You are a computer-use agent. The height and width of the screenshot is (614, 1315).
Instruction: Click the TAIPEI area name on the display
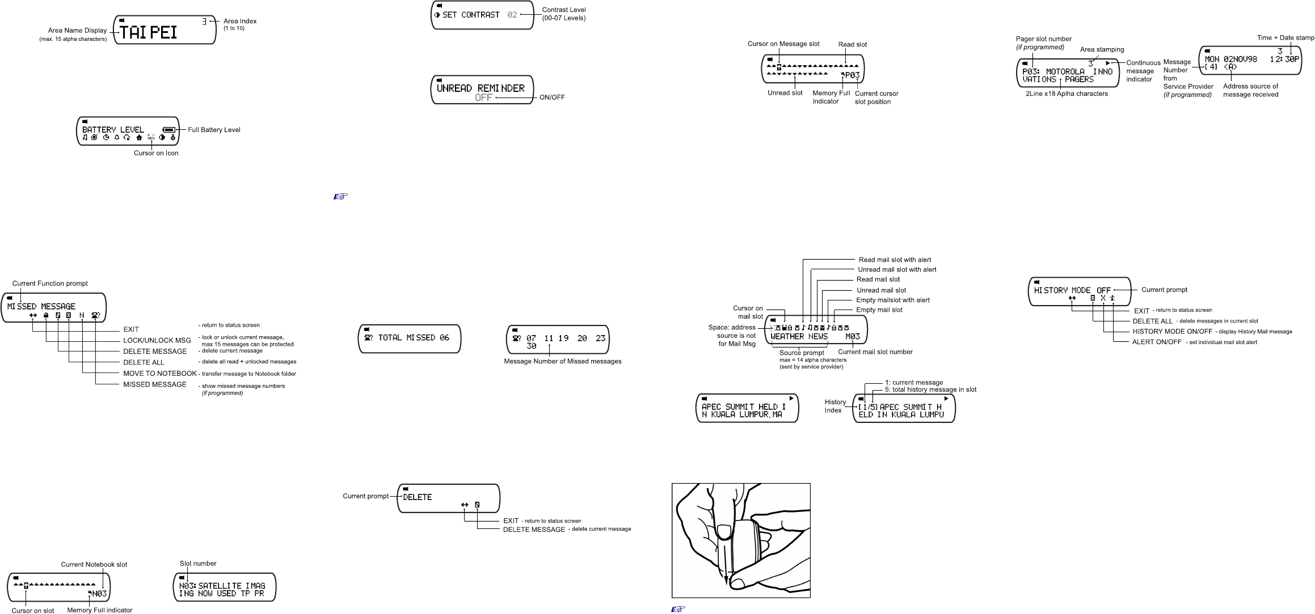tap(149, 32)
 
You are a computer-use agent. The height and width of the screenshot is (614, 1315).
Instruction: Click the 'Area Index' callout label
tap(240, 21)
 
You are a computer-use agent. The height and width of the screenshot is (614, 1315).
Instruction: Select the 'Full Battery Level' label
tap(214, 130)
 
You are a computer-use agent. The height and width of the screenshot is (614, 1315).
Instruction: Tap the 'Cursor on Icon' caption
tap(156, 153)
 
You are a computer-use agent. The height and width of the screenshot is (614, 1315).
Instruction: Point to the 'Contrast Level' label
tap(564, 10)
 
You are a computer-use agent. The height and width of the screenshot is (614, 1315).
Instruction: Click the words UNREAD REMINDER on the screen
tap(481, 88)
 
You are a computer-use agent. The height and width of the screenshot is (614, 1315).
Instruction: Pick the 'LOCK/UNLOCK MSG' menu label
tap(157, 340)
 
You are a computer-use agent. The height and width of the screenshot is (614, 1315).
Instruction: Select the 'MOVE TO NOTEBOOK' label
tap(160, 374)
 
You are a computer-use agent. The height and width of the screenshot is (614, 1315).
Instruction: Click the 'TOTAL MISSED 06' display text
tap(414, 337)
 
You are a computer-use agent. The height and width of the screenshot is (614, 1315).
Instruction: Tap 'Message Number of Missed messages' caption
tap(562, 362)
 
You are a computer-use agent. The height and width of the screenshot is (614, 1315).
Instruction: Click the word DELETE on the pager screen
tap(418, 497)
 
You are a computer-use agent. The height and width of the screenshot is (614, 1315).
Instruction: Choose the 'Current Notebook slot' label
tap(94, 565)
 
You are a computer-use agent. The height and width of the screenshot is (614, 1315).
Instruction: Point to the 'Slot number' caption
tap(198, 564)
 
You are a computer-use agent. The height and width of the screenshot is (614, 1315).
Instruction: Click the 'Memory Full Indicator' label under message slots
tap(831, 97)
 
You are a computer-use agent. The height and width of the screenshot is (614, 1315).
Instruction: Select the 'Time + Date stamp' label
tap(1286, 38)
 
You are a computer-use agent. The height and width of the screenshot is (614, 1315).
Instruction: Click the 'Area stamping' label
tap(1102, 49)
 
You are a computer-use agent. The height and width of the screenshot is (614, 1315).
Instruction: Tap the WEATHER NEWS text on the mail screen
tap(799, 336)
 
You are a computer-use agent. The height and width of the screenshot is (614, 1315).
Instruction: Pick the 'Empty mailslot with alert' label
tap(893, 300)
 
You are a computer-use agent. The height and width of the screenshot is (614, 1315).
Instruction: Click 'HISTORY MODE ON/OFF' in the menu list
tap(1173, 332)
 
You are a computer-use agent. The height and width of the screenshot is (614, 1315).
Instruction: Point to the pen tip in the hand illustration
tap(726, 583)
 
